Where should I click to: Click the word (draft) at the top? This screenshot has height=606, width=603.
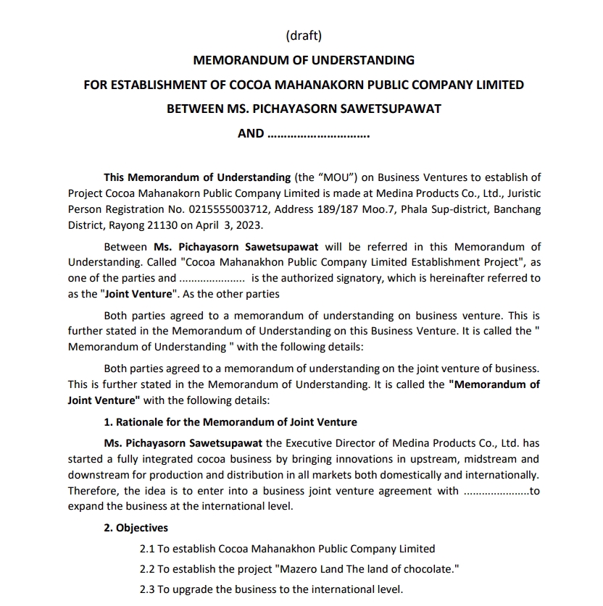click(304, 35)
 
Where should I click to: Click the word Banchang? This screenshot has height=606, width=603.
click(518, 209)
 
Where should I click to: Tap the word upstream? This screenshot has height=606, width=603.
click(412, 459)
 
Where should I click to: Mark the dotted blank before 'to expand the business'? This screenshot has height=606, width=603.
click(496, 491)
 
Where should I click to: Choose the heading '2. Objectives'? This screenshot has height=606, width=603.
click(136, 528)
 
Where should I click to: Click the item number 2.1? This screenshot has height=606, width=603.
click(147, 549)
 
